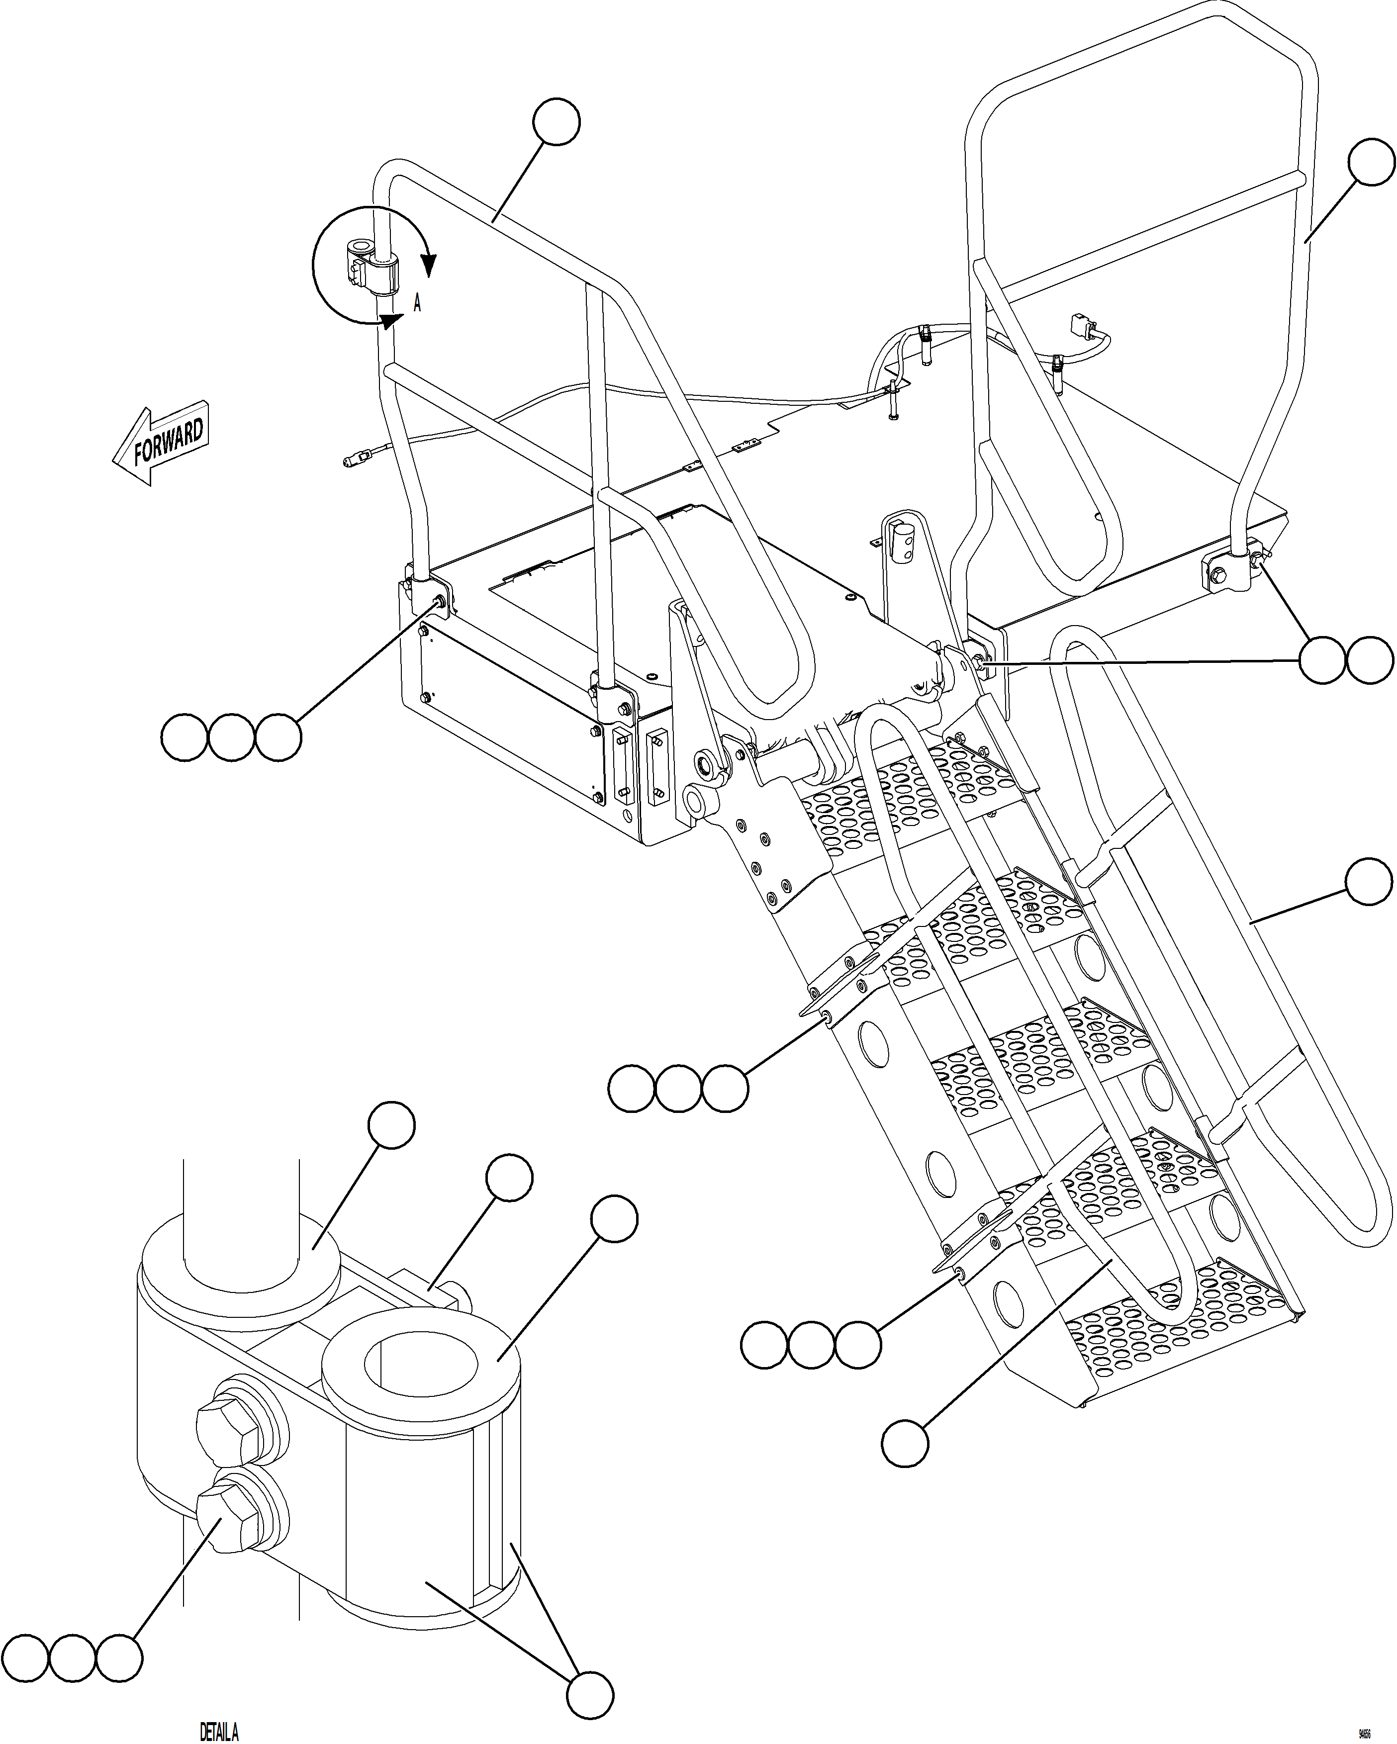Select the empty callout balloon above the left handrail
coord(557,122)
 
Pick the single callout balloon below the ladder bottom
coord(904,1442)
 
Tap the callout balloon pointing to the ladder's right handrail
coord(1369,882)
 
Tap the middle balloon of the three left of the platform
coord(231,737)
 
